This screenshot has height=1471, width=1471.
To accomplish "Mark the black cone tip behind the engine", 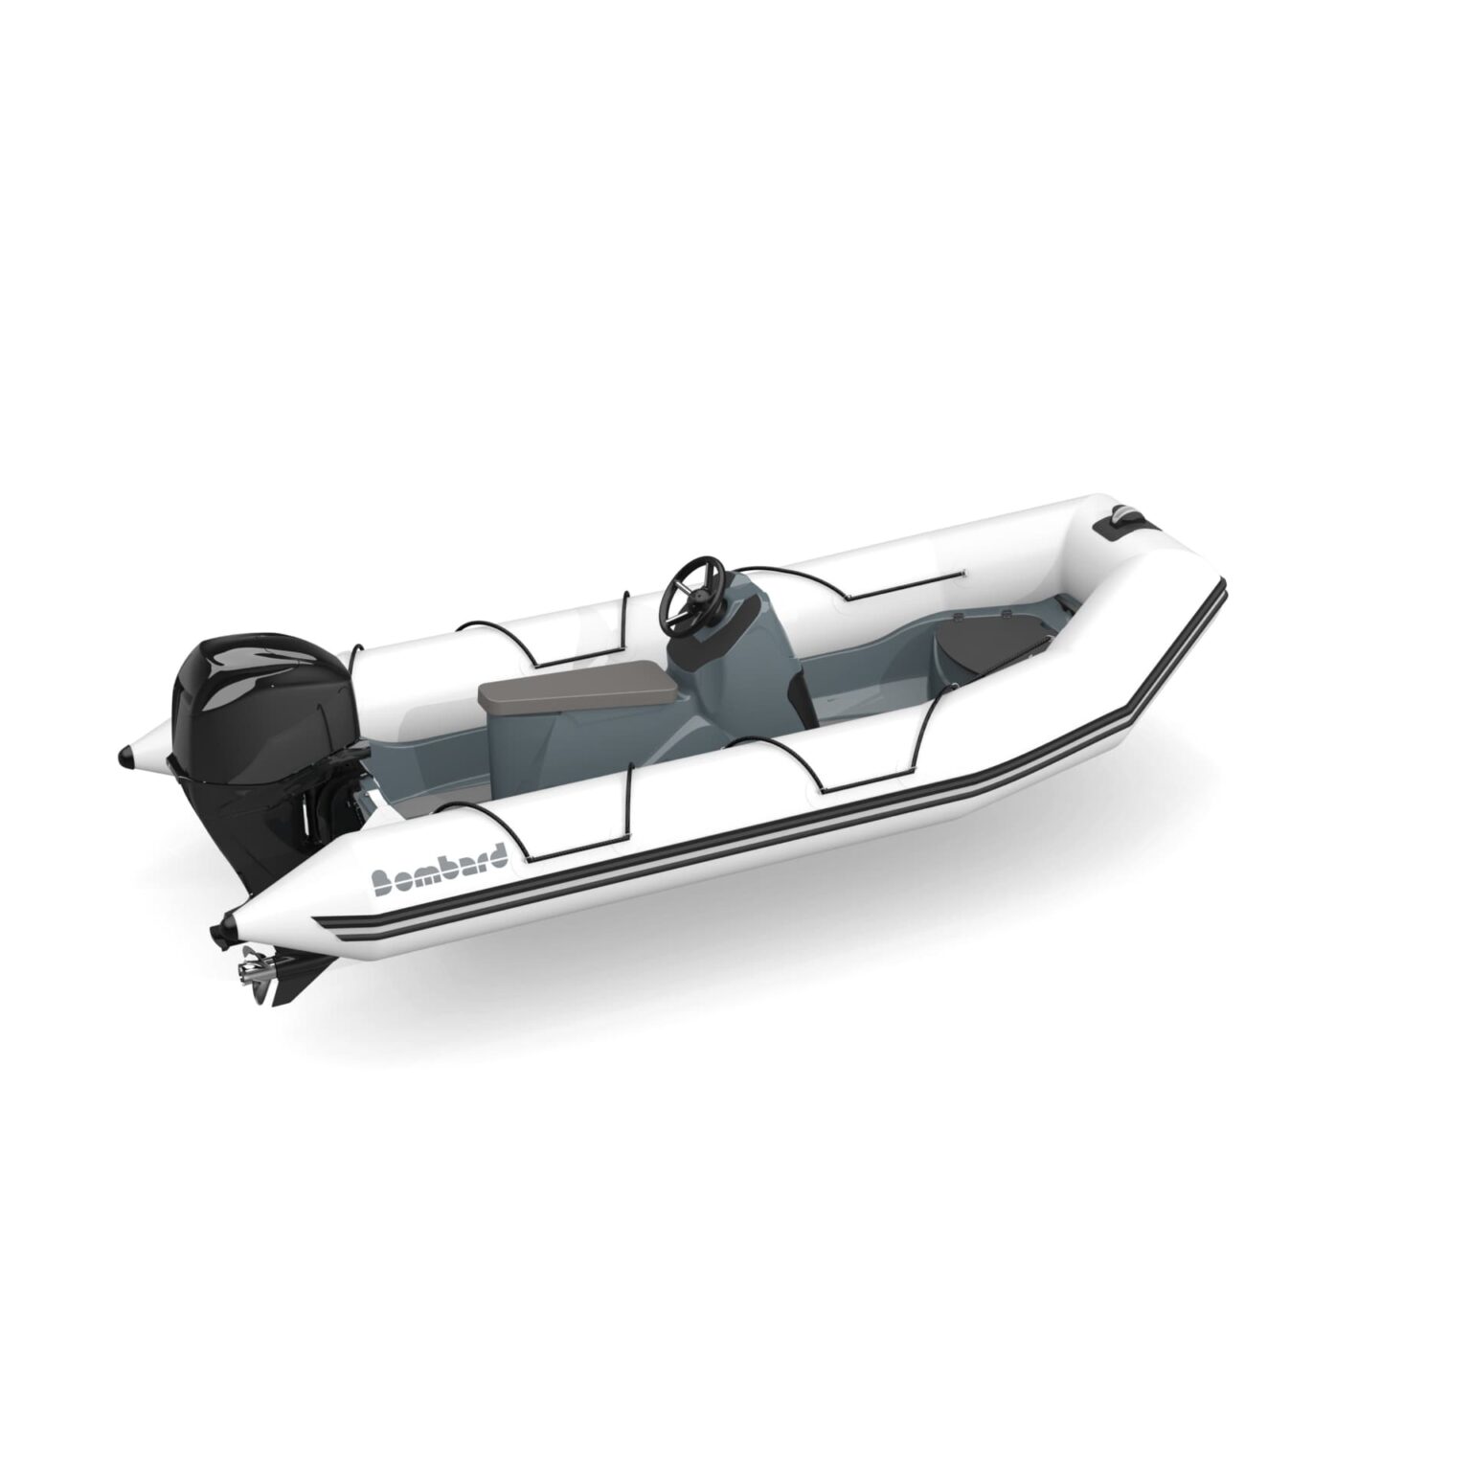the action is [x=125, y=757].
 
